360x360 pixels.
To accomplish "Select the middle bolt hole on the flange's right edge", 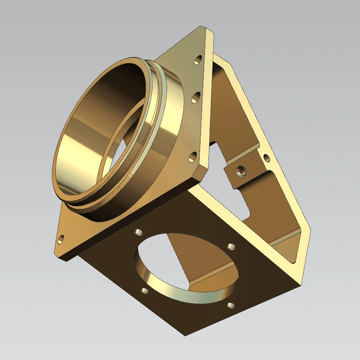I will coord(196,96).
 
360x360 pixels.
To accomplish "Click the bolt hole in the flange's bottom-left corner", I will coord(61,238).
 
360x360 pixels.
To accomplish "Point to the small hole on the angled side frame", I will coord(267,158).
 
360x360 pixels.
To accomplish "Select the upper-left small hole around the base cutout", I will coord(139,232).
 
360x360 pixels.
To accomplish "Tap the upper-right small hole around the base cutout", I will coord(231,246).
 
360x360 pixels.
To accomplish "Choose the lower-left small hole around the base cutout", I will coord(144,291).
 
